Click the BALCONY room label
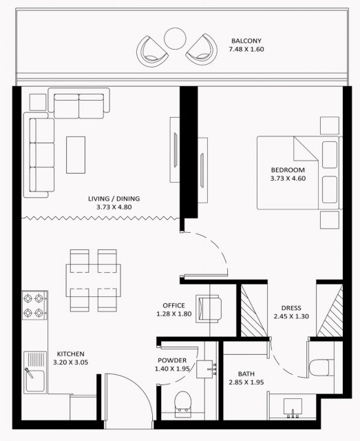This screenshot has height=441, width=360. pyautogui.click(x=246, y=41)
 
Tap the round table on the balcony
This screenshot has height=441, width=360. pyautogui.click(x=175, y=39)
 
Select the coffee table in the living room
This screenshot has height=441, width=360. pyautogui.click(x=76, y=155)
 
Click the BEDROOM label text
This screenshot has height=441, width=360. pyautogui.click(x=288, y=170)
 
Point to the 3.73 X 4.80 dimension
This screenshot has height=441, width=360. pyautogui.click(x=114, y=207)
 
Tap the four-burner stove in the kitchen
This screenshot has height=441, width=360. pyautogui.click(x=35, y=305)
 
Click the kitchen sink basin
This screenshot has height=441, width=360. pyautogui.click(x=35, y=381)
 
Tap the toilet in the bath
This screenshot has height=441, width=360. pyautogui.click(x=319, y=367)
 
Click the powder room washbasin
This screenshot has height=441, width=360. pyautogui.click(x=204, y=369)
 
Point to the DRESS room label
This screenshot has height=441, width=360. pyautogui.click(x=291, y=308)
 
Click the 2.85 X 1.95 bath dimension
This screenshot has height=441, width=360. pyautogui.click(x=246, y=382)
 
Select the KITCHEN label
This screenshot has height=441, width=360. pyautogui.click(x=70, y=353)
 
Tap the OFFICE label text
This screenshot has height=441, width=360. pyautogui.click(x=173, y=305)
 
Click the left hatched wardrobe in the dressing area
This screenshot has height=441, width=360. pyautogui.click(x=254, y=311)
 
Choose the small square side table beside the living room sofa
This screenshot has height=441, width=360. pyautogui.click(x=38, y=102)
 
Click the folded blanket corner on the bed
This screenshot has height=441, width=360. pyautogui.click(x=306, y=149)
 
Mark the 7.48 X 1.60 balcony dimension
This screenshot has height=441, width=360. pyautogui.click(x=246, y=49)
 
